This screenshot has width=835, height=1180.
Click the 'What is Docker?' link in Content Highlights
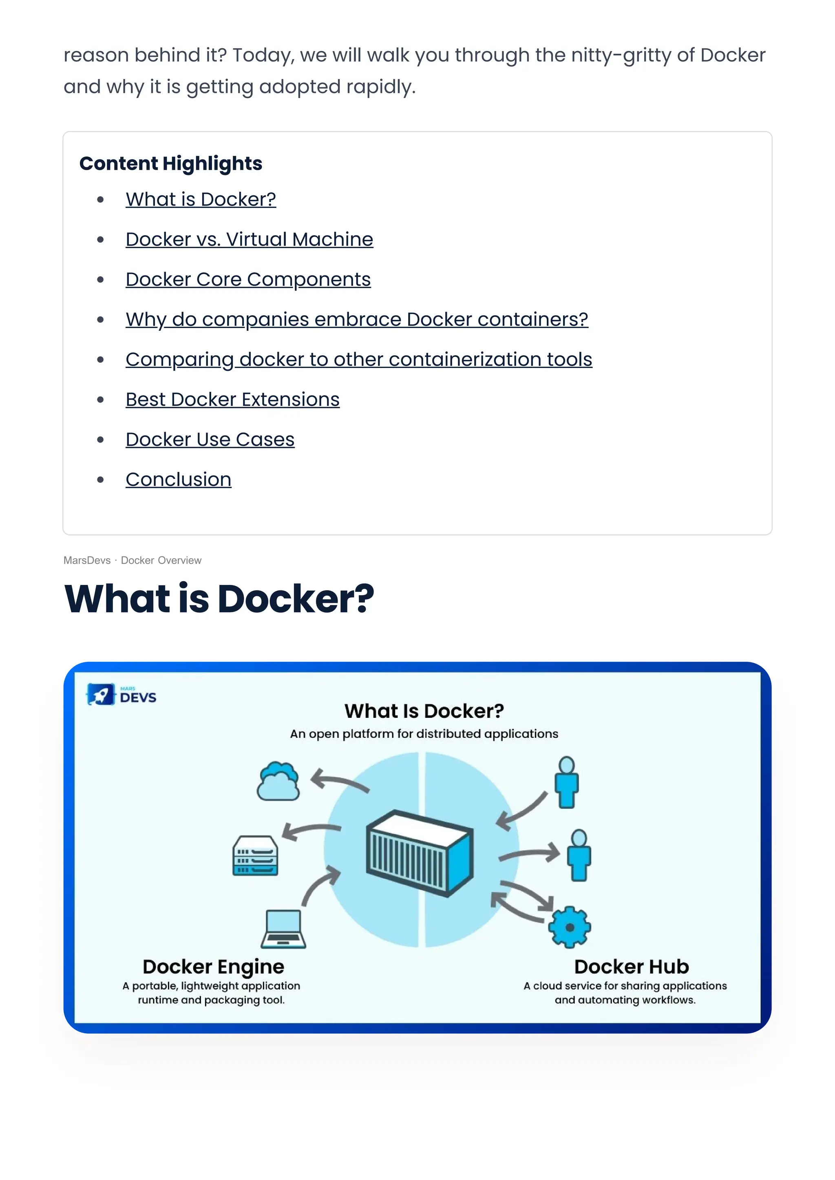click(201, 199)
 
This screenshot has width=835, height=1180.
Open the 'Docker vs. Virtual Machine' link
click(250, 240)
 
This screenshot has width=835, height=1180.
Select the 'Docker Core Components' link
click(248, 280)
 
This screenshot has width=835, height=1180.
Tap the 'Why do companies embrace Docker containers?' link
click(356, 320)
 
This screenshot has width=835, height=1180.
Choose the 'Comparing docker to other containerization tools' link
click(358, 360)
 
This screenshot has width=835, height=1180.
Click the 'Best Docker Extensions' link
click(232, 400)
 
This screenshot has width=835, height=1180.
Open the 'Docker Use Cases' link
click(210, 440)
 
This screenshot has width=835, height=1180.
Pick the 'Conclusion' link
click(179, 480)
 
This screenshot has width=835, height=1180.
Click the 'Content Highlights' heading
click(171, 164)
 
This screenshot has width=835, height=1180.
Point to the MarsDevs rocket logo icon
click(101, 695)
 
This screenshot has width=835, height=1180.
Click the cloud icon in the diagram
click(278, 782)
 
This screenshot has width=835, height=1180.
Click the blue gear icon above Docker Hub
click(569, 928)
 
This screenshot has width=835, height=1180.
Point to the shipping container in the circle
click(419, 853)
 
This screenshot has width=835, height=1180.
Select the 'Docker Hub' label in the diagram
click(632, 967)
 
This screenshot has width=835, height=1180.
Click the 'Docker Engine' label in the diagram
click(213, 967)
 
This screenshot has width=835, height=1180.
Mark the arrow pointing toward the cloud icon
click(339, 781)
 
